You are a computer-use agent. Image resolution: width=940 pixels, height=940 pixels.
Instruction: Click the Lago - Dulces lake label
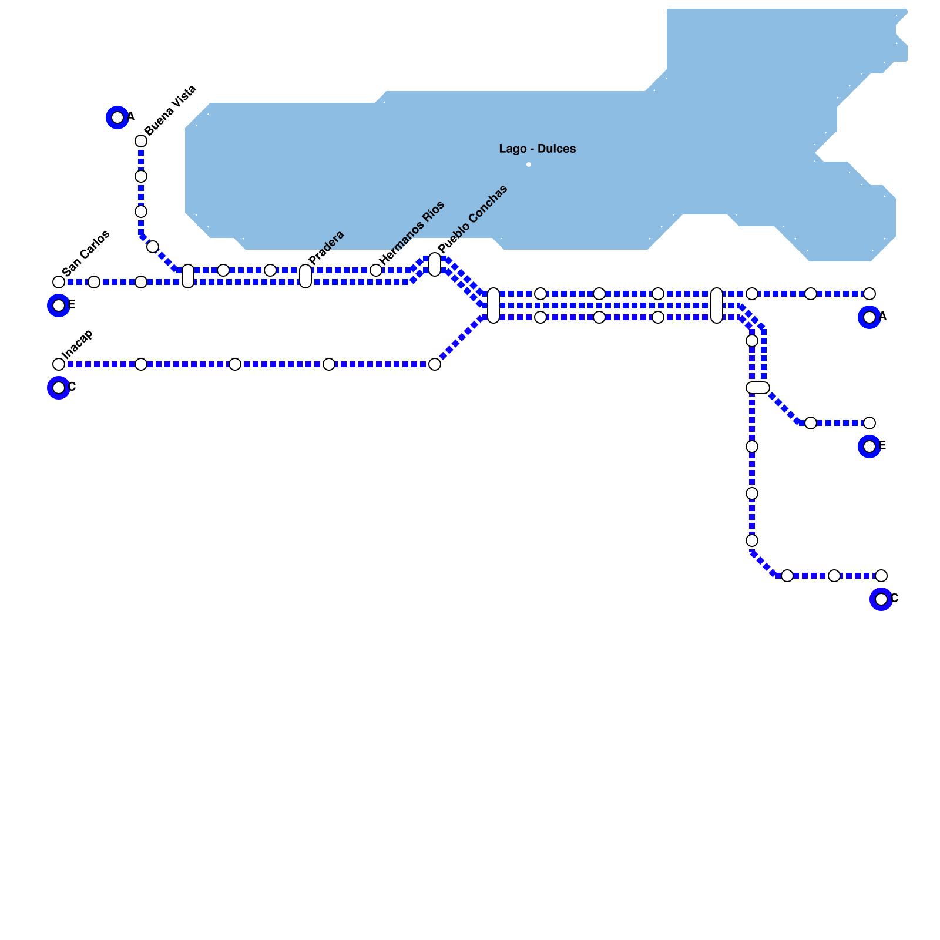coord(537,149)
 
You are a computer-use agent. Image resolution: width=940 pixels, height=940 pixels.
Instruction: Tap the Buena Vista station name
coord(170,110)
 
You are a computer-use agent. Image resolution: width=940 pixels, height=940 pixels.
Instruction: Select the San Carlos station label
coord(86,253)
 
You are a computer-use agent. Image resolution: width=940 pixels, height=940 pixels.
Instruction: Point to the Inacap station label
coord(78,344)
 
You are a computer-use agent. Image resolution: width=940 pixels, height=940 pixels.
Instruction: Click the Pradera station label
coord(326,247)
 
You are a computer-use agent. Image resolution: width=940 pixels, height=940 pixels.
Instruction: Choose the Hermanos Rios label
coord(412,233)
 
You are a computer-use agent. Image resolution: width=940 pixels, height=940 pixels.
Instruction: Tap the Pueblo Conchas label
coord(473,219)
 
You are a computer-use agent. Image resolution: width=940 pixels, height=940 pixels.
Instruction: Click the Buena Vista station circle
coord(141,141)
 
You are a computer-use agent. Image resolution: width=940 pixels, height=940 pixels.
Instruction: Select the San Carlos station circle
coord(59,282)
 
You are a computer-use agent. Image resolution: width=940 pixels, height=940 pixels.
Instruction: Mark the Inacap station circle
coord(59,364)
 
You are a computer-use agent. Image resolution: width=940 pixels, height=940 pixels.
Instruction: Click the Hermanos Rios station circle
coord(376,270)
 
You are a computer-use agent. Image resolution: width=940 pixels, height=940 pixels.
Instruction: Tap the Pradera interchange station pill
coord(305,276)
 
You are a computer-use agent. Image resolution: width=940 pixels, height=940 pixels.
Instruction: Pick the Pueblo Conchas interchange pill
coord(435,264)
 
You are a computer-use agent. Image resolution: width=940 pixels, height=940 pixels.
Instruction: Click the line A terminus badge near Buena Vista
coord(117,117)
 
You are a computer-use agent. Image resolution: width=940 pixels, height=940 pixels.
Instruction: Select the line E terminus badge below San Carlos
coord(59,305)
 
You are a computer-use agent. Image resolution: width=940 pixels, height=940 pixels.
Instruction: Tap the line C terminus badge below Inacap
coord(59,388)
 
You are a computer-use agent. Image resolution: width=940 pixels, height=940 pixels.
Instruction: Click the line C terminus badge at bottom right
coord(881,599)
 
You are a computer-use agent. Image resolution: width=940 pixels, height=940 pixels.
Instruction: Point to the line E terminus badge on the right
coord(869,446)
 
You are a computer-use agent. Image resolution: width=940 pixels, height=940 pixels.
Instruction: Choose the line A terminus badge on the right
coord(869,317)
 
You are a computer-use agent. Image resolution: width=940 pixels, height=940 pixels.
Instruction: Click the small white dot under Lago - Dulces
coord(529,164)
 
